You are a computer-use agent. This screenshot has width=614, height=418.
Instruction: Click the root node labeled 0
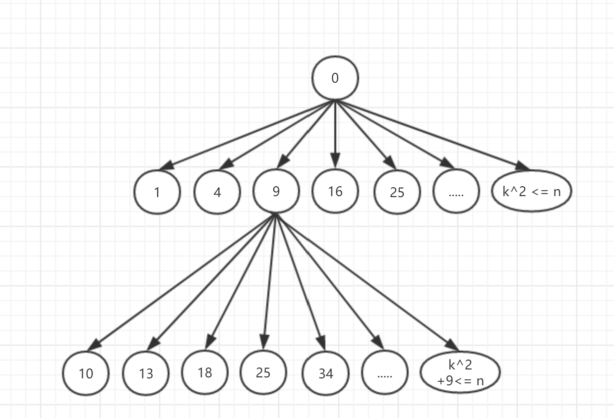(335, 78)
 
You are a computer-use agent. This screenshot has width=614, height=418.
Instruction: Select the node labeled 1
(157, 192)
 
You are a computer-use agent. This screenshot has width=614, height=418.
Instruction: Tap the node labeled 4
(217, 192)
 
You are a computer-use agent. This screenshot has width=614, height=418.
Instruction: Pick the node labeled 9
(276, 191)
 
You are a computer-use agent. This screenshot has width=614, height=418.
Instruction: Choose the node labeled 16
(335, 191)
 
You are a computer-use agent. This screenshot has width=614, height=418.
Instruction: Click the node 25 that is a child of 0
(397, 192)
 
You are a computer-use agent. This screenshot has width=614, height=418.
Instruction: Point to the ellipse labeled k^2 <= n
(531, 191)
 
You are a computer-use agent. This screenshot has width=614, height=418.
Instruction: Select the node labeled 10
(86, 373)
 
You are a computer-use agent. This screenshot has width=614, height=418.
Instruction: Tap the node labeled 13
(146, 373)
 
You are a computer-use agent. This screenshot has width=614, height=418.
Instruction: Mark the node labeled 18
(204, 372)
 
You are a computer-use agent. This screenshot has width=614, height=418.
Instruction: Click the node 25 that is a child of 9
(263, 372)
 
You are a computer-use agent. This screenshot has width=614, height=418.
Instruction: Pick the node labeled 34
(326, 373)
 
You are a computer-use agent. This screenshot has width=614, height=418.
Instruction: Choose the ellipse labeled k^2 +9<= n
(460, 371)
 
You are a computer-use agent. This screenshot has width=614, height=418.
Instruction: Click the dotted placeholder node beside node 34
(385, 373)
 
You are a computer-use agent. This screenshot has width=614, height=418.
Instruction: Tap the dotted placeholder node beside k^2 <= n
(456, 192)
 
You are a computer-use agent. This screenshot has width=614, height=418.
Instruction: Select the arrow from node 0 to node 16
(335, 134)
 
